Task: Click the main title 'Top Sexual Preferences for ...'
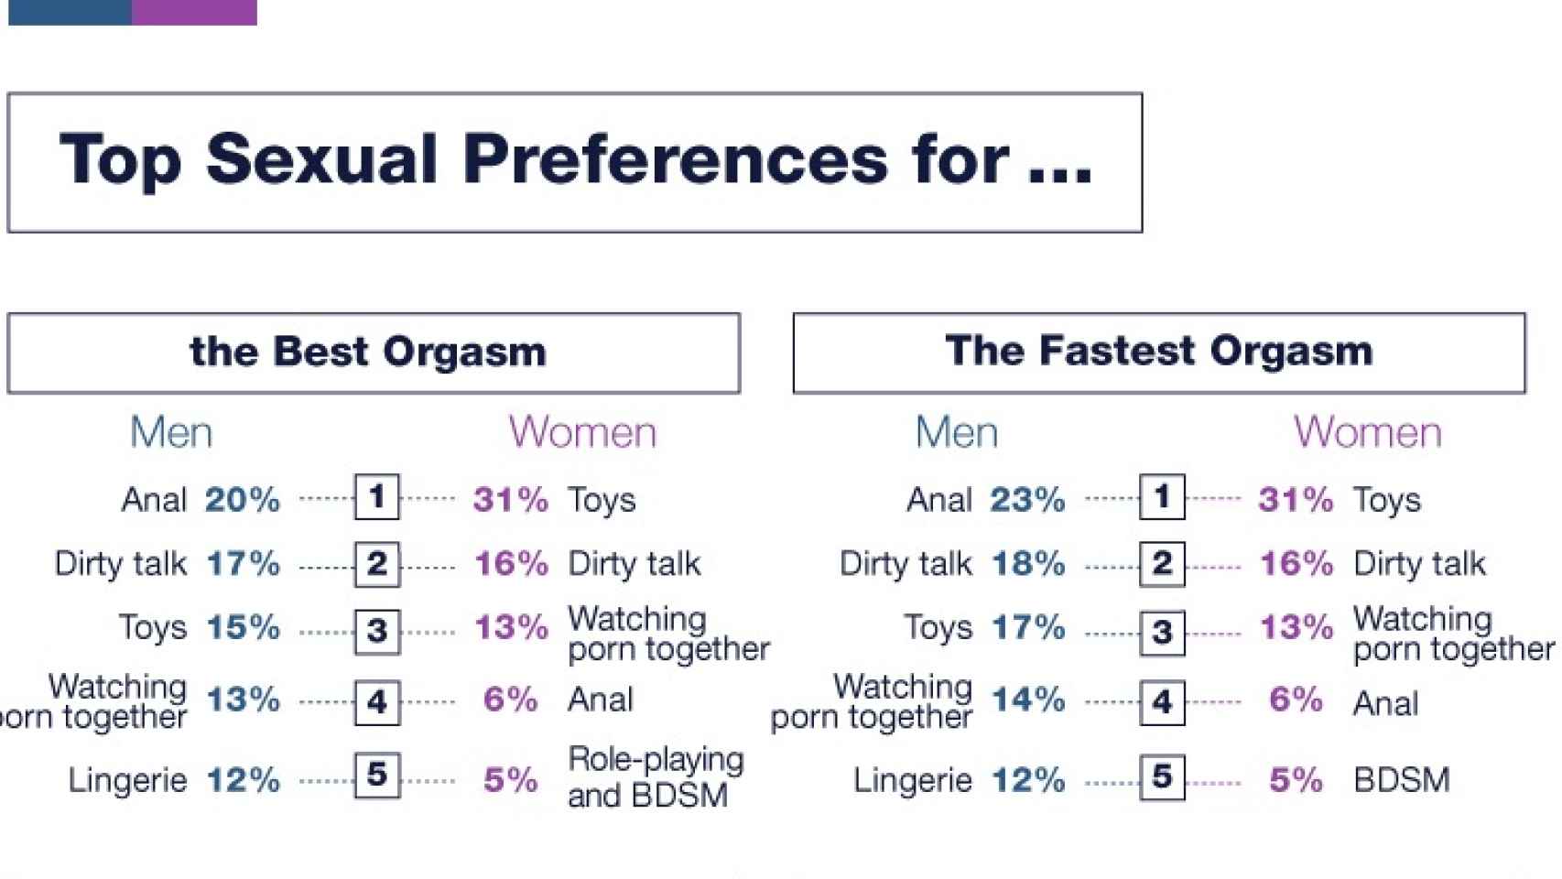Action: [575, 159]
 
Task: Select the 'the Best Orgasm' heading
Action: [367, 351]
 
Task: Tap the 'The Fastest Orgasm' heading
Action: [1159, 350]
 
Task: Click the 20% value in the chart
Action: [242, 500]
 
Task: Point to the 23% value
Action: [1027, 500]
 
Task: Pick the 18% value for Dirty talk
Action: [1028, 564]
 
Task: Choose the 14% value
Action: [1028, 700]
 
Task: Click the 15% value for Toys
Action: [244, 627]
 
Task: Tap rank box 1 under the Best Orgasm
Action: [377, 496]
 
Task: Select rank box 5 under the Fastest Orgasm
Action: [1163, 776]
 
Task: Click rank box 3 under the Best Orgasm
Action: [377, 632]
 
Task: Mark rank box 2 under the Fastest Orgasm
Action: [1163, 564]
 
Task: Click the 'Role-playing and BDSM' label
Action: [656, 777]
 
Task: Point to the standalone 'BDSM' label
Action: [1402, 780]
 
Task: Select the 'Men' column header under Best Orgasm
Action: [171, 432]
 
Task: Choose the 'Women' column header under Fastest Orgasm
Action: [1368, 432]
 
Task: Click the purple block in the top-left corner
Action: [194, 13]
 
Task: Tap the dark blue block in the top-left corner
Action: [71, 13]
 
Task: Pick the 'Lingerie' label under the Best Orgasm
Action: [127, 780]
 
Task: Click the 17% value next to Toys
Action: [1028, 627]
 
